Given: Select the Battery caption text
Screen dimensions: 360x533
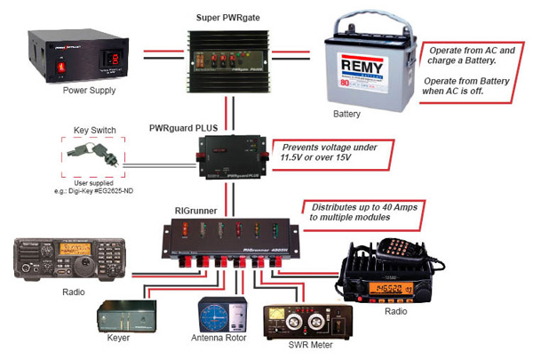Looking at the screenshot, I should point(346,115).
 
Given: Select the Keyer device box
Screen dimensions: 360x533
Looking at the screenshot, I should point(127,316).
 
